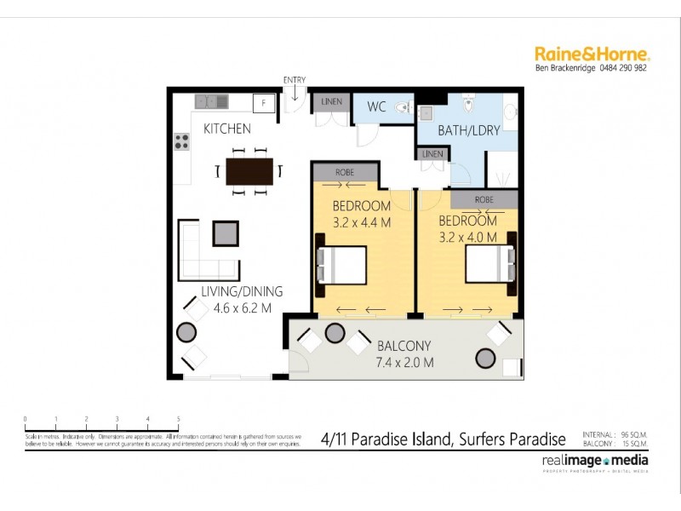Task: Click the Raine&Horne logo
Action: coord(592,54)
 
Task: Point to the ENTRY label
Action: coord(295,81)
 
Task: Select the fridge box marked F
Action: coord(264,103)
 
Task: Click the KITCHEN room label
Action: coord(226,129)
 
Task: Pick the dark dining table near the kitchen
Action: coord(249,171)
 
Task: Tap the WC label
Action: coord(377,107)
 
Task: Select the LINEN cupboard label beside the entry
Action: coord(332,102)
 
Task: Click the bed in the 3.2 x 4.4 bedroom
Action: coord(342,265)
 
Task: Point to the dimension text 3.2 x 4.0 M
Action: coord(467,237)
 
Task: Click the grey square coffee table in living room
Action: coord(226,233)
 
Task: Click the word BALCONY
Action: coord(404,346)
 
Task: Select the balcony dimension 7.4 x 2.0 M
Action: coord(404,363)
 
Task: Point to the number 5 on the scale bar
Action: coord(178,419)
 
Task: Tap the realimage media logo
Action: coord(594,461)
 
